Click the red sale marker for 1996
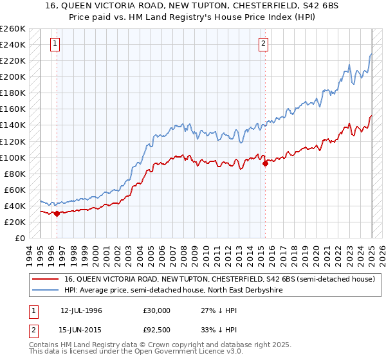(57, 213)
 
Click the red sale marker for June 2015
(265, 163)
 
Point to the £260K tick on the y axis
(13, 29)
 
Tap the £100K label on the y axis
(13, 157)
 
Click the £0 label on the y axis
(20, 238)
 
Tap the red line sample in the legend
(45, 279)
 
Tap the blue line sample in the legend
(45, 290)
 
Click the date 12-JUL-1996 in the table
(82, 310)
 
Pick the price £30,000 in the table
(157, 310)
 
